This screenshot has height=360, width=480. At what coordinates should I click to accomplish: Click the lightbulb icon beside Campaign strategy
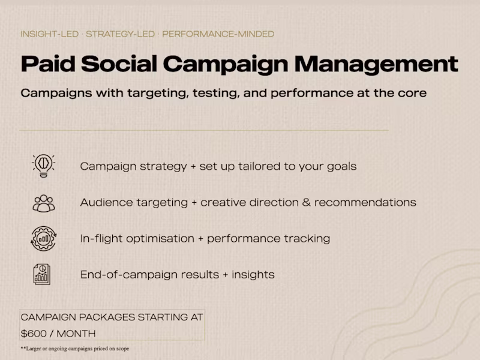(x=44, y=165)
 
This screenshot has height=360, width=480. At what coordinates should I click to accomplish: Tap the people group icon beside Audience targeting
(x=44, y=202)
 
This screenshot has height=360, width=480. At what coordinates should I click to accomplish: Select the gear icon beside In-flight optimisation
(x=44, y=238)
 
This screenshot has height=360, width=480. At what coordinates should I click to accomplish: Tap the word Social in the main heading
(x=119, y=64)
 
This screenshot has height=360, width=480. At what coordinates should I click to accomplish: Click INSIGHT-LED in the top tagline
(x=49, y=34)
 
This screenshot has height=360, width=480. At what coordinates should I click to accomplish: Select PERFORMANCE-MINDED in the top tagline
(x=218, y=34)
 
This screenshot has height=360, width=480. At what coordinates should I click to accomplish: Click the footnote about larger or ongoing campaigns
(x=74, y=349)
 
